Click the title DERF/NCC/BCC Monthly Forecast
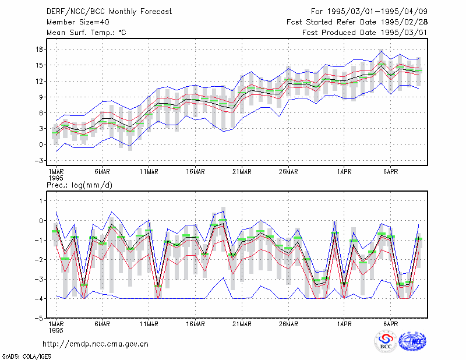(x=109, y=12)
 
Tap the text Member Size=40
(x=78, y=22)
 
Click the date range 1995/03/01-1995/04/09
(x=377, y=12)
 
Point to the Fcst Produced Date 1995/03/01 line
(x=365, y=33)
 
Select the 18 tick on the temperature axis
(x=39, y=49)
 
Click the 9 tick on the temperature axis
(x=41, y=97)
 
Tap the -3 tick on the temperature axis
(x=39, y=161)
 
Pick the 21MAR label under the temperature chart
(x=242, y=172)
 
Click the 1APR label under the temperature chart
(x=344, y=172)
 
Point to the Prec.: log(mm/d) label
(x=79, y=185)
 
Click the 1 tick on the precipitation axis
(x=41, y=201)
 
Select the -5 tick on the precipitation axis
(x=39, y=318)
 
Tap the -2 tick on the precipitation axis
(x=39, y=260)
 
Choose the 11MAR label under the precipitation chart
(x=149, y=324)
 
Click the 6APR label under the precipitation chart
(x=390, y=324)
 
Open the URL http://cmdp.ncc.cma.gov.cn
(x=96, y=344)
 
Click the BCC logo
(x=386, y=341)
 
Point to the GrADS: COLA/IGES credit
(x=27, y=357)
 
